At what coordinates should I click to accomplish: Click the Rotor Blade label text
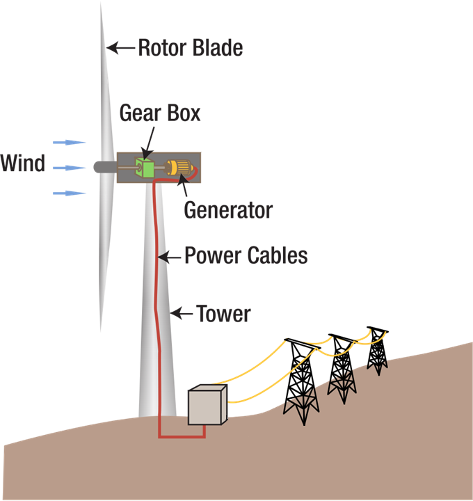190,48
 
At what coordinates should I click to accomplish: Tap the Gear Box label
160,113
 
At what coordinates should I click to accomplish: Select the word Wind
23,164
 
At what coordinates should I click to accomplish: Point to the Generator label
228,209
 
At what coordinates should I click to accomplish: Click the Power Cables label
246,255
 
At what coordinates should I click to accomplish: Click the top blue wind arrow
70,142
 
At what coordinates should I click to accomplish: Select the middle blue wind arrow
70,168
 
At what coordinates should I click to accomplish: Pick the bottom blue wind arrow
70,193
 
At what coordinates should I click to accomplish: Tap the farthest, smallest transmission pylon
378,350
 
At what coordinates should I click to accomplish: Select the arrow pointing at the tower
182,314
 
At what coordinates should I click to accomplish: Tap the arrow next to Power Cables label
169,257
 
